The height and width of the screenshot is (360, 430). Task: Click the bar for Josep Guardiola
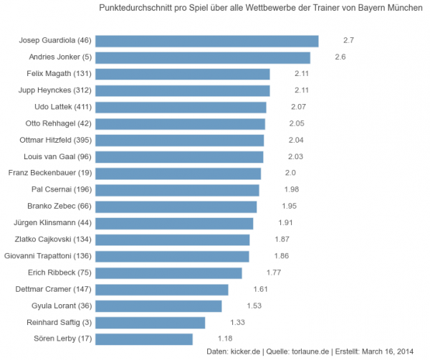206,41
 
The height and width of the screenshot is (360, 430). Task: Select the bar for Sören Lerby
143,338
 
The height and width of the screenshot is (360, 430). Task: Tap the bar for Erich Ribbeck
168,273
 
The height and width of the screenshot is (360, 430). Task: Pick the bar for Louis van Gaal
179,156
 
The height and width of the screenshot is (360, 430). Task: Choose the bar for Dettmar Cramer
161,289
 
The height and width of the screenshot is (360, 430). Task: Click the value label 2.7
349,40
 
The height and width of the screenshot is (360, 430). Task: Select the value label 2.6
340,57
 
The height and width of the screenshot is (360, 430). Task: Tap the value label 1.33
238,321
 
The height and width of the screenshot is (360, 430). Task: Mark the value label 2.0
290,173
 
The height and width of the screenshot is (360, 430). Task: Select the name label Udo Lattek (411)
63,107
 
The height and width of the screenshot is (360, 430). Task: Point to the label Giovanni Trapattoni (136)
48,256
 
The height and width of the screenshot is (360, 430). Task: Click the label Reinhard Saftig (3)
59,322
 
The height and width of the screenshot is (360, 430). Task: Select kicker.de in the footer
246,351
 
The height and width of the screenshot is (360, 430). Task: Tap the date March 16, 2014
387,351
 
